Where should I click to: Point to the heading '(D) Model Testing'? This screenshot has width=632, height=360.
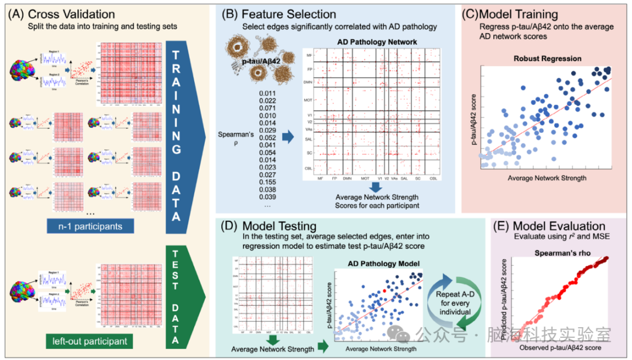point(267,225)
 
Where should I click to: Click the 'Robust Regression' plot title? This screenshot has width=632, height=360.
point(547,59)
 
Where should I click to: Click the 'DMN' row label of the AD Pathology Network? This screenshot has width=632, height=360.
point(308,82)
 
